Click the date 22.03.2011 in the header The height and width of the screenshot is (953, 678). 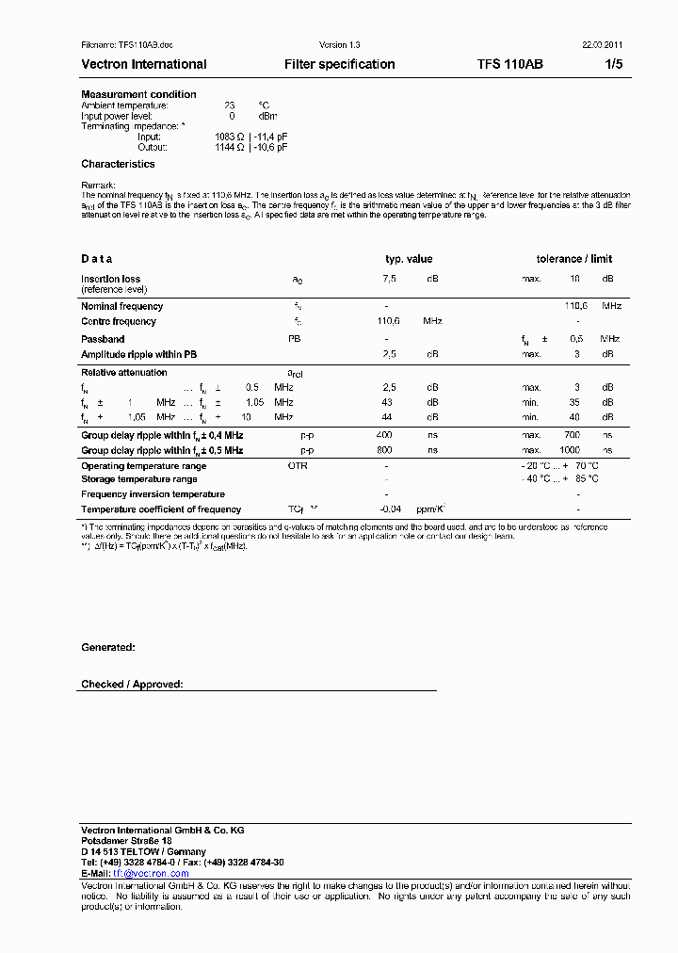600,45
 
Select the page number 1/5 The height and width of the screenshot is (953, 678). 613,64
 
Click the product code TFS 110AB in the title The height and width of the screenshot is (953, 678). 509,64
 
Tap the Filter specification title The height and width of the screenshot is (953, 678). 339,64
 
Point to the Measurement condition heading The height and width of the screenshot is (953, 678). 138,94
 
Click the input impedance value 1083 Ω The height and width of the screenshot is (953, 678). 230,137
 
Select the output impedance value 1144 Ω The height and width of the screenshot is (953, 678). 230,147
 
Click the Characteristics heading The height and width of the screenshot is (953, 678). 118,164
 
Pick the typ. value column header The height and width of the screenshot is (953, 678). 409,259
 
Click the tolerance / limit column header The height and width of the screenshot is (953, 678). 573,259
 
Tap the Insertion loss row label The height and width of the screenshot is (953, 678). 110,279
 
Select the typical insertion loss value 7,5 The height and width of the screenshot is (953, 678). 389,279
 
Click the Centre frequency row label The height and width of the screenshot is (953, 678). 119,321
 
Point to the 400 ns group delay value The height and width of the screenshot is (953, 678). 384,435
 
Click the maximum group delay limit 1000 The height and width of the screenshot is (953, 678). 571,450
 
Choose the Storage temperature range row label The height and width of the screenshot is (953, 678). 139,479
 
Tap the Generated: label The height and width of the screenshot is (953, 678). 107,647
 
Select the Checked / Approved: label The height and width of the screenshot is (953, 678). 132,685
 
